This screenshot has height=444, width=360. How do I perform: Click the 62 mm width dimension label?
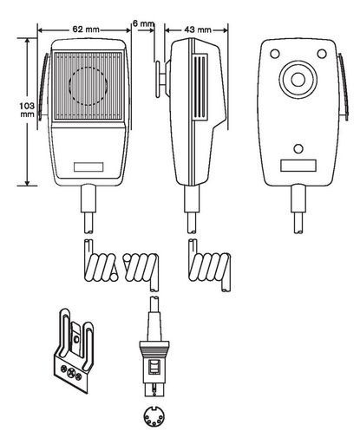pos(86,29)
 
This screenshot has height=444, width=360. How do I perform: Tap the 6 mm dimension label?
pos(143,23)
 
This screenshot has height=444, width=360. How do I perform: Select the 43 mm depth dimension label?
pos(198,29)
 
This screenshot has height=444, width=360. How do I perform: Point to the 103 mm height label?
pos(27,110)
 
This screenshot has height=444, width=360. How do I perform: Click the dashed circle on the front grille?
pos(88,86)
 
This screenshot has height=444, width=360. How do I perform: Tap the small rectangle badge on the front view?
pos(88,167)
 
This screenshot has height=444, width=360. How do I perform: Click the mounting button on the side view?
pos(160,79)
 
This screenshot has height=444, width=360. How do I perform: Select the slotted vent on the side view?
pos(200,87)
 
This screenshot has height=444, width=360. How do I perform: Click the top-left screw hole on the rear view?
pos(275,54)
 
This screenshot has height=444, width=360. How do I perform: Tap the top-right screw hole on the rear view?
pos(322,54)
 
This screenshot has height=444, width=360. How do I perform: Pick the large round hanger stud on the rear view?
pos(298,80)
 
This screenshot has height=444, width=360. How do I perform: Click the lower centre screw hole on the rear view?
pos(298,149)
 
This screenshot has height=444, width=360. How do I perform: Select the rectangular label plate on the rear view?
pos(298,166)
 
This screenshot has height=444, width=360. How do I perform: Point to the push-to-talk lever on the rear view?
pos(344,87)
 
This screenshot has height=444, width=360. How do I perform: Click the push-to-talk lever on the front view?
pos(43,87)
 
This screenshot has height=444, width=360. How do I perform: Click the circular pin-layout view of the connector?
pos(154,416)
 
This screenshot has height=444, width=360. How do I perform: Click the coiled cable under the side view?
pos(210,266)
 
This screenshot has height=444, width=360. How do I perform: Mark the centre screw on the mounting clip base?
pos(70,373)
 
